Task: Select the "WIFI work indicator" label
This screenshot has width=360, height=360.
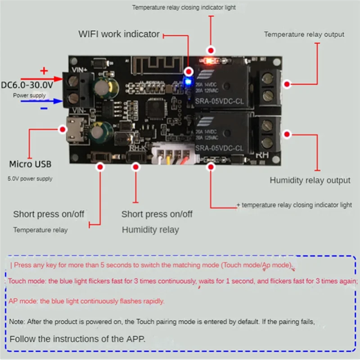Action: [119, 34]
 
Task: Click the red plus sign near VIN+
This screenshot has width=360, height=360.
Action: [44, 70]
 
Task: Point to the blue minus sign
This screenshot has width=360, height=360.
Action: [44, 108]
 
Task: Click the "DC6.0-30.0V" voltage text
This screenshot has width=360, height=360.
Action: [27, 85]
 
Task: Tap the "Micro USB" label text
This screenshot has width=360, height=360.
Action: [30, 164]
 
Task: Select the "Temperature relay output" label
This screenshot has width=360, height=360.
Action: [304, 34]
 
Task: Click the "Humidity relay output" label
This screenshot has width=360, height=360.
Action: [310, 180]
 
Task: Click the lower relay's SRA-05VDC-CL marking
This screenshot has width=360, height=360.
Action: [220, 148]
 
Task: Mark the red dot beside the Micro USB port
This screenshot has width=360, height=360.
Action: [63, 130]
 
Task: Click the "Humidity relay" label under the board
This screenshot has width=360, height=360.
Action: [150, 229]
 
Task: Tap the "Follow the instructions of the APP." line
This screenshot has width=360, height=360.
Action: [78, 339]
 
